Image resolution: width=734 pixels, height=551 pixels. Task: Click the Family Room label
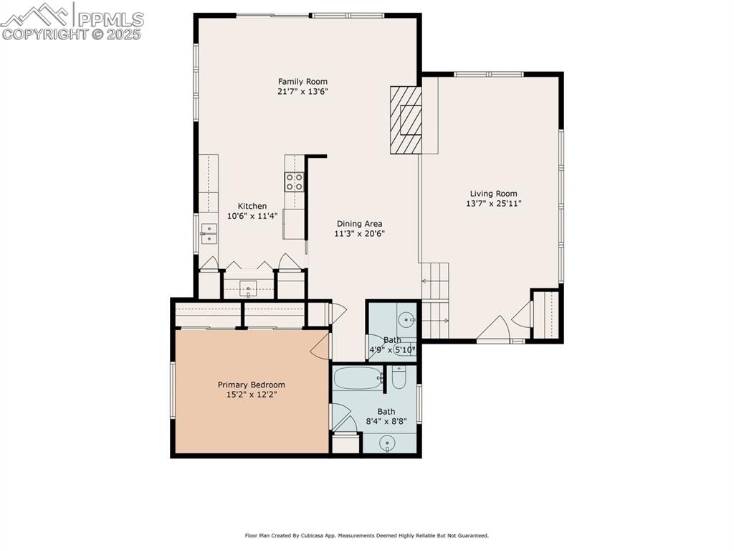click(302, 81)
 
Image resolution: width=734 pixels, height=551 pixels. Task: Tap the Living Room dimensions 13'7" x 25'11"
click(493, 203)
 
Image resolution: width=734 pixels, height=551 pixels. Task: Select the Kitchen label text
click(252, 206)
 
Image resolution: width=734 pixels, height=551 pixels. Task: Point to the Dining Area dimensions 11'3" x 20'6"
click(359, 234)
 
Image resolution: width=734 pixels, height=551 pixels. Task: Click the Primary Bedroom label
click(251, 385)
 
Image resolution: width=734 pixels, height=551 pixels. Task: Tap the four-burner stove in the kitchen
click(294, 182)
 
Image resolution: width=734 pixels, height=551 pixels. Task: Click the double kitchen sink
click(209, 234)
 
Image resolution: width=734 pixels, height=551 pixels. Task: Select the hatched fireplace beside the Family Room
click(406, 120)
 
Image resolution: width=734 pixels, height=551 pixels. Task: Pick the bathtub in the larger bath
click(358, 378)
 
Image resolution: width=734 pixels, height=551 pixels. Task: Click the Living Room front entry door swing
click(493, 329)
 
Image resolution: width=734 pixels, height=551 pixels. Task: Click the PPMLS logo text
click(110, 18)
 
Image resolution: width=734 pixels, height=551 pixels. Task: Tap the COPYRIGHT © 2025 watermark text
click(72, 34)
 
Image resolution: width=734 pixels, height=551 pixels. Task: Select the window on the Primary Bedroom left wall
click(173, 390)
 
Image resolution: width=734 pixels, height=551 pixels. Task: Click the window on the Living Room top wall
click(489, 74)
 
